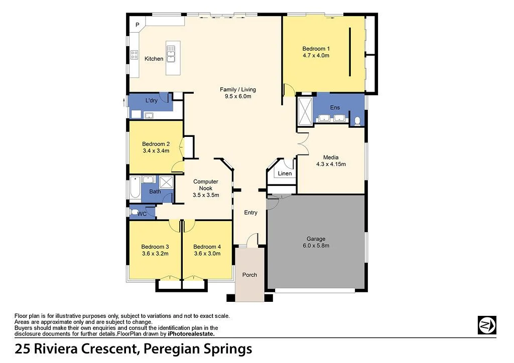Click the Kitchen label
154,59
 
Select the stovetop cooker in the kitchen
134,55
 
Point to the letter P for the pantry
137,25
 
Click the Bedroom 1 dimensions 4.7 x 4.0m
316,56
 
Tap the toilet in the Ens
357,120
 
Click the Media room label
331,157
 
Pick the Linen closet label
285,174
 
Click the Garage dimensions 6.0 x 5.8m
316,246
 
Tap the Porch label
249,275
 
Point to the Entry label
250,213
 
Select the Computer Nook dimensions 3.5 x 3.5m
206,195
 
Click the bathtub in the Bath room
135,188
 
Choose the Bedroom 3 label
155,247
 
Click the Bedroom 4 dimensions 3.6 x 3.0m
207,254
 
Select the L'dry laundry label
151,101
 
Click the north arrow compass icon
487,324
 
